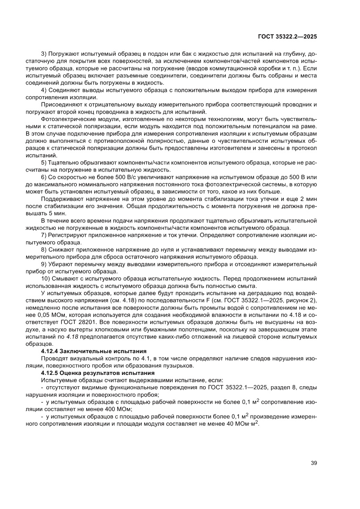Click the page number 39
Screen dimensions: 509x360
(313, 463)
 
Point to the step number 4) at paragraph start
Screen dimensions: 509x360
(44, 90)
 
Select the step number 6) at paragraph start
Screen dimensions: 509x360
(44, 177)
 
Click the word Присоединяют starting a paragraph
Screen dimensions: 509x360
(61, 104)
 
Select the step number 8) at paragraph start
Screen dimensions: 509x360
(44, 249)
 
